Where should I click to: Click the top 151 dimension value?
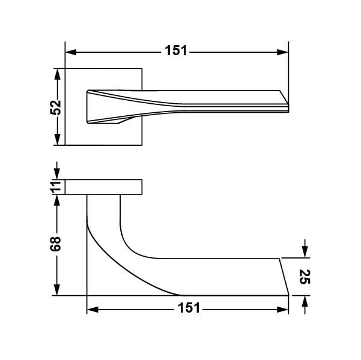(176, 50)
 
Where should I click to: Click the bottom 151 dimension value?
(189, 308)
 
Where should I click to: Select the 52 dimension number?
(55, 107)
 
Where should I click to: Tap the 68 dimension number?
(55, 244)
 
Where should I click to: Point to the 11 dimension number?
(55, 187)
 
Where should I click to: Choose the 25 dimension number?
(305, 277)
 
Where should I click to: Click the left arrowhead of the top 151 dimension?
(71, 52)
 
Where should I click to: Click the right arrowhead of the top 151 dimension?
(282, 52)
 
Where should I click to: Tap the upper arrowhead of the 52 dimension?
(57, 74)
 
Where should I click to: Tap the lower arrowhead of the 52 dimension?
(57, 140)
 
